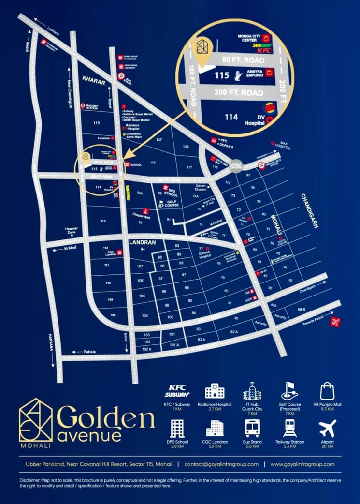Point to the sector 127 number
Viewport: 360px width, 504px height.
[x=158, y=140]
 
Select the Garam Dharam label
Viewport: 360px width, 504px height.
[x=201, y=187]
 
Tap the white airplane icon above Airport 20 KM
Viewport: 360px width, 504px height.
[x=327, y=429]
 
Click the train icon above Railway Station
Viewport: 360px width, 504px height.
[x=289, y=428]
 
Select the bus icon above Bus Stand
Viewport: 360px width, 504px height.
[x=252, y=429]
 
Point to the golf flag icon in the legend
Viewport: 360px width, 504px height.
[x=289, y=391]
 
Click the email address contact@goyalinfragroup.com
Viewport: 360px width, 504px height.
[x=224, y=464]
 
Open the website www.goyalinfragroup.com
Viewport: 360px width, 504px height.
[x=302, y=464]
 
